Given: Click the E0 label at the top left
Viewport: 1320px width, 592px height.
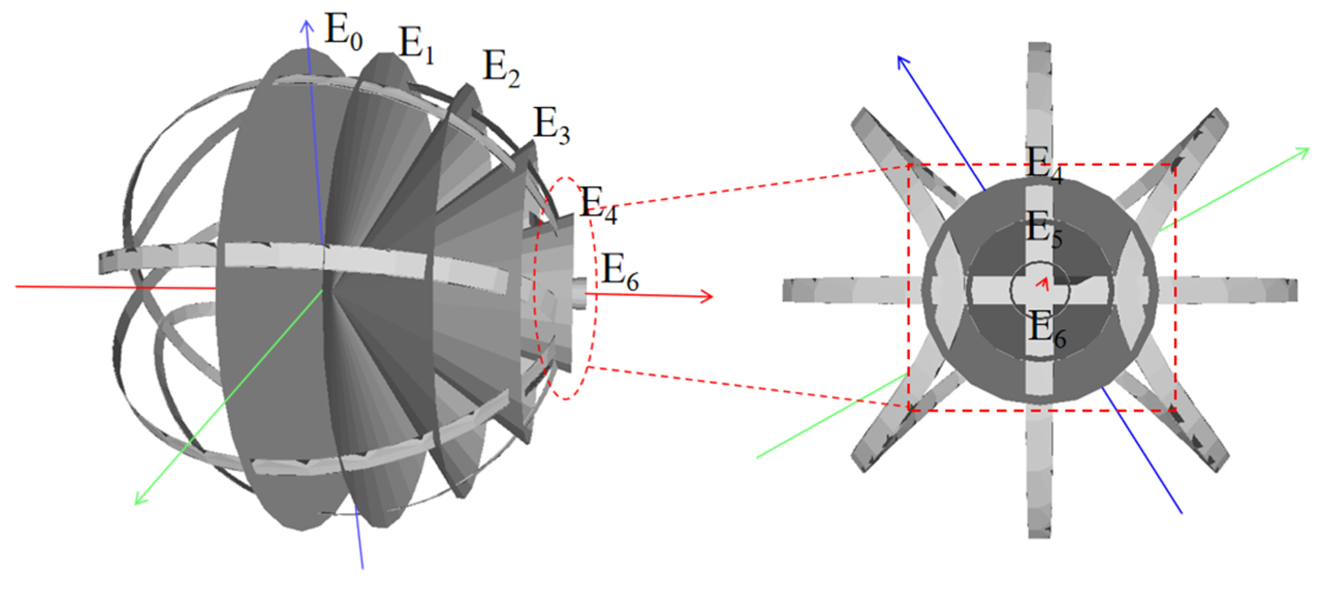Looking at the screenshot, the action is pyautogui.click(x=343, y=32).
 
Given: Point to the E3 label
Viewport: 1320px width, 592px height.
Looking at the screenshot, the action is pyautogui.click(x=552, y=126).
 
